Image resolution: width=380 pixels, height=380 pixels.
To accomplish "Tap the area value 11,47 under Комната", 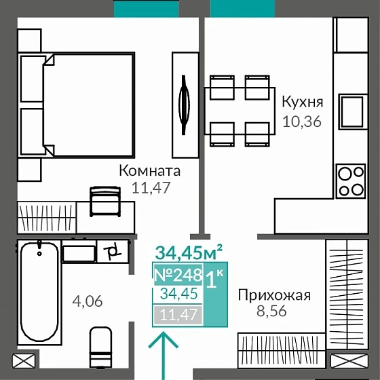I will click(x=141, y=188).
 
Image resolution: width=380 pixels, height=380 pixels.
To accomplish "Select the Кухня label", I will click(x=302, y=103).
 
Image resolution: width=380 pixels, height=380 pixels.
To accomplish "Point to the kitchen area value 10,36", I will click(x=301, y=122).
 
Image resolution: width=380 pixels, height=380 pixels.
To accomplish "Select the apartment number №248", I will click(x=178, y=275).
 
